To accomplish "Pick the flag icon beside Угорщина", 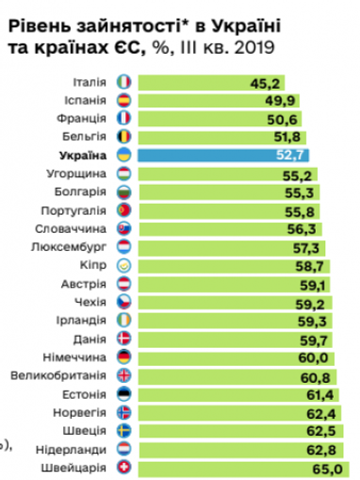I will [123, 174].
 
